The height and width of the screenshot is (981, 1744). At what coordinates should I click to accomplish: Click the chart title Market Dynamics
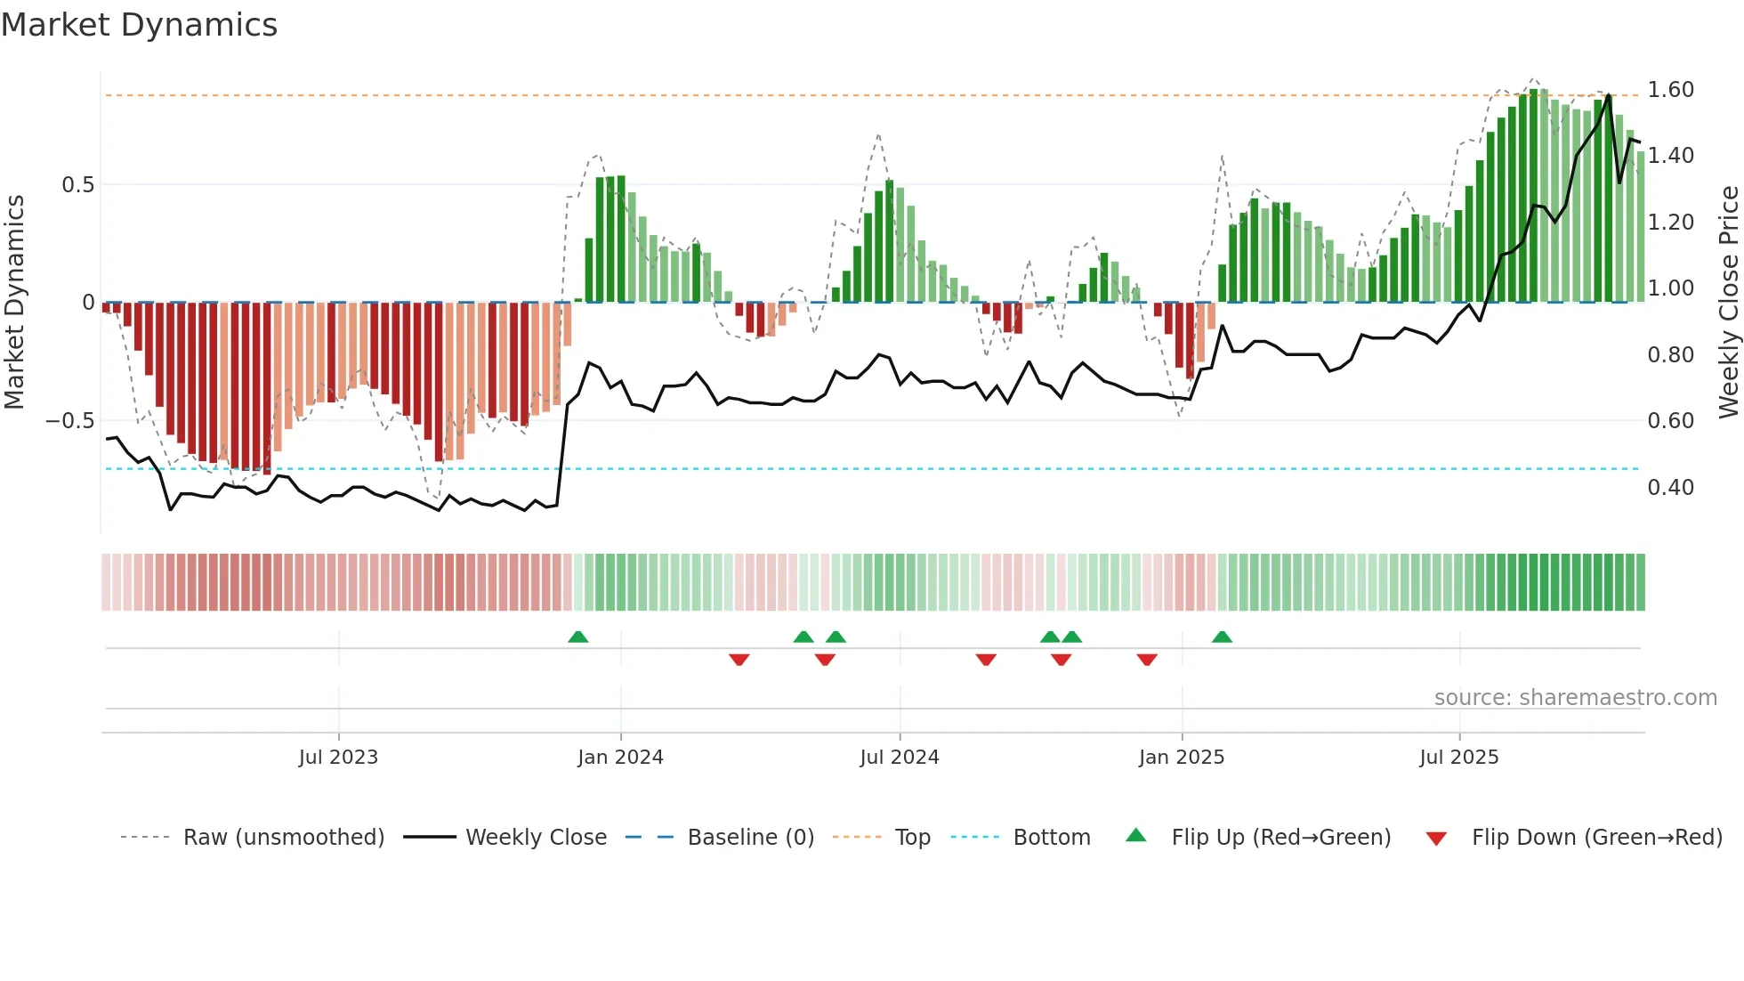click(140, 25)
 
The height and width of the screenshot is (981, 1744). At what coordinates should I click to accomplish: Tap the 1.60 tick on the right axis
click(1670, 90)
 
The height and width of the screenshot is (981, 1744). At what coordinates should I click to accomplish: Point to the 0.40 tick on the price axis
click(1670, 487)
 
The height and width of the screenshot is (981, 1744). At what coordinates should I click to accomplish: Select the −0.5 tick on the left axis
click(69, 420)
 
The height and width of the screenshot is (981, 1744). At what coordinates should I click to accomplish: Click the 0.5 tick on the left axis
click(77, 185)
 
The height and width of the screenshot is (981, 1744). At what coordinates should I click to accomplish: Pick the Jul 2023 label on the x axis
click(338, 758)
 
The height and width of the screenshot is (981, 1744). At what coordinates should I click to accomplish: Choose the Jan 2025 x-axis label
click(1181, 758)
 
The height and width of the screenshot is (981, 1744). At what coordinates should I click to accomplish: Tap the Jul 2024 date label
click(899, 758)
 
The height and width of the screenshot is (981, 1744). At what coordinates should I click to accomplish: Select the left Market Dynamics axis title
click(14, 303)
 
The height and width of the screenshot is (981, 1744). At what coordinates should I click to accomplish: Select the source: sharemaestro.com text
click(1575, 698)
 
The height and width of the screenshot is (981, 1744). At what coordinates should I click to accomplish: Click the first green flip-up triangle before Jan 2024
click(578, 636)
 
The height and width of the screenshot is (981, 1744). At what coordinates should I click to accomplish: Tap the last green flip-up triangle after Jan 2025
click(1222, 636)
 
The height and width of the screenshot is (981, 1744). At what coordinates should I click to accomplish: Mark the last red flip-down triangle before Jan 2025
click(1147, 660)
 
